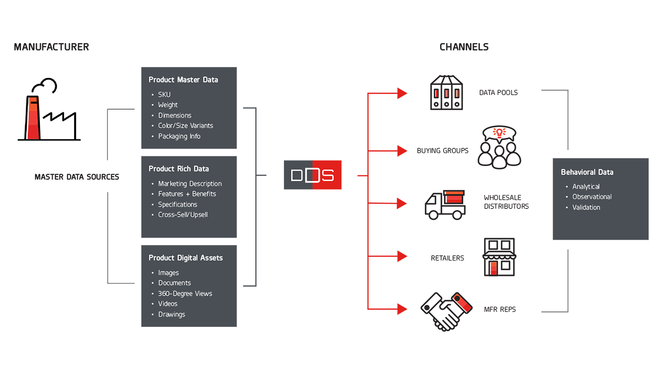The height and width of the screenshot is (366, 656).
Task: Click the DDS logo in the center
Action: point(313,175)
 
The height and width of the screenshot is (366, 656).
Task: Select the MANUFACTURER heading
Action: point(52,47)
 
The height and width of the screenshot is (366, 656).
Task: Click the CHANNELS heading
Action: point(464,47)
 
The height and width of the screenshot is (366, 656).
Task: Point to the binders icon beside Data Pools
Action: point(446,93)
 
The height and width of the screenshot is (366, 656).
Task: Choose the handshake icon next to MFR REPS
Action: point(446,311)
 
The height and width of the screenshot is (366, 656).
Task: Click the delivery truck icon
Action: point(445,205)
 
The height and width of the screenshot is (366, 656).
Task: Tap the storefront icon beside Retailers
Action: point(499,257)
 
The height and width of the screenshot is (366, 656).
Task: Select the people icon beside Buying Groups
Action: point(499,147)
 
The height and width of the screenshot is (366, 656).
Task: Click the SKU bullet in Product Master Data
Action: point(164,95)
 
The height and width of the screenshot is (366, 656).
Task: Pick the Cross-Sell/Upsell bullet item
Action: point(183,215)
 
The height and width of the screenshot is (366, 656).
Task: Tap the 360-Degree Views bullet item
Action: point(185,294)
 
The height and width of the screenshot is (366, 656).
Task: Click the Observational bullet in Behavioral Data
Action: point(592,197)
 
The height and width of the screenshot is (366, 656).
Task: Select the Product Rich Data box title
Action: point(179,169)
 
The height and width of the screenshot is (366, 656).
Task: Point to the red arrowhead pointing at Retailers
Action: point(402,256)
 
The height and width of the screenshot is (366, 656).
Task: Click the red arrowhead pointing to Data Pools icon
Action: point(402,93)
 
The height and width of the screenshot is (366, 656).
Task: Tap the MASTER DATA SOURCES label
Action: point(77,177)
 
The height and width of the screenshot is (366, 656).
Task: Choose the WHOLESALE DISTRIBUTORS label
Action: point(506,202)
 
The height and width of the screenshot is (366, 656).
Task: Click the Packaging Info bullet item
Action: point(179,136)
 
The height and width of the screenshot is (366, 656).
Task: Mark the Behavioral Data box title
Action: point(587,172)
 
